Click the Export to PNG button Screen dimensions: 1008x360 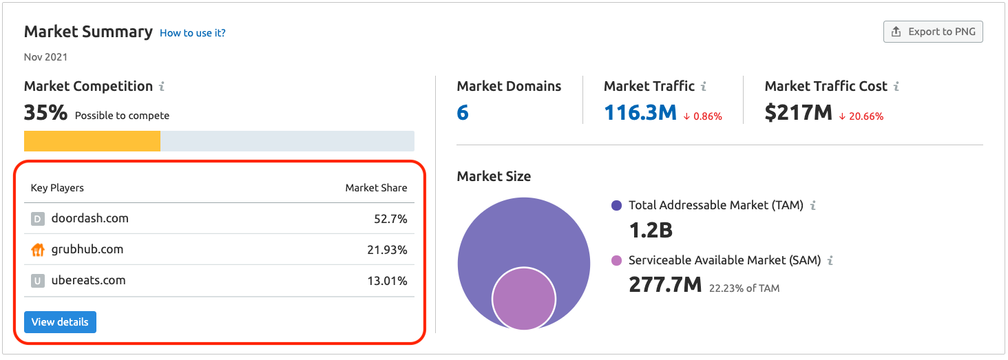[933, 32]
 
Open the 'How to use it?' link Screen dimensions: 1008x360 [193, 33]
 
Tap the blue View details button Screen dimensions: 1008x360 [60, 322]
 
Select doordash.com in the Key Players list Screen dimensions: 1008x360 [90, 218]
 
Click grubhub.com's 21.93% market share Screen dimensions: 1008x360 [387, 250]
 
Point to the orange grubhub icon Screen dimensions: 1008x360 [38, 250]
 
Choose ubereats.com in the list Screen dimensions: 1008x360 [89, 280]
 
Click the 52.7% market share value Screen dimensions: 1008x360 [390, 219]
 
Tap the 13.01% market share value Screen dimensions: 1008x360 [387, 281]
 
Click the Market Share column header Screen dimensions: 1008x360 [376, 188]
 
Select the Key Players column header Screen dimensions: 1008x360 [57, 188]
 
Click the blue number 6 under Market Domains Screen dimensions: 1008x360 [463, 112]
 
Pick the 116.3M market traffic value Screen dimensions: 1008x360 [640, 112]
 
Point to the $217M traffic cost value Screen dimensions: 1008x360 [798, 112]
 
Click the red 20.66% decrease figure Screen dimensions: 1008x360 [861, 116]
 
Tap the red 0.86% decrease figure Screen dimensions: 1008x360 [702, 116]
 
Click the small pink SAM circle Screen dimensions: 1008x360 [524, 299]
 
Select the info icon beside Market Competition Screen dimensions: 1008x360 [162, 86]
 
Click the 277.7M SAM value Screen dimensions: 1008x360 [665, 284]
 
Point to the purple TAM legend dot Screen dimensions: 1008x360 [616, 206]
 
